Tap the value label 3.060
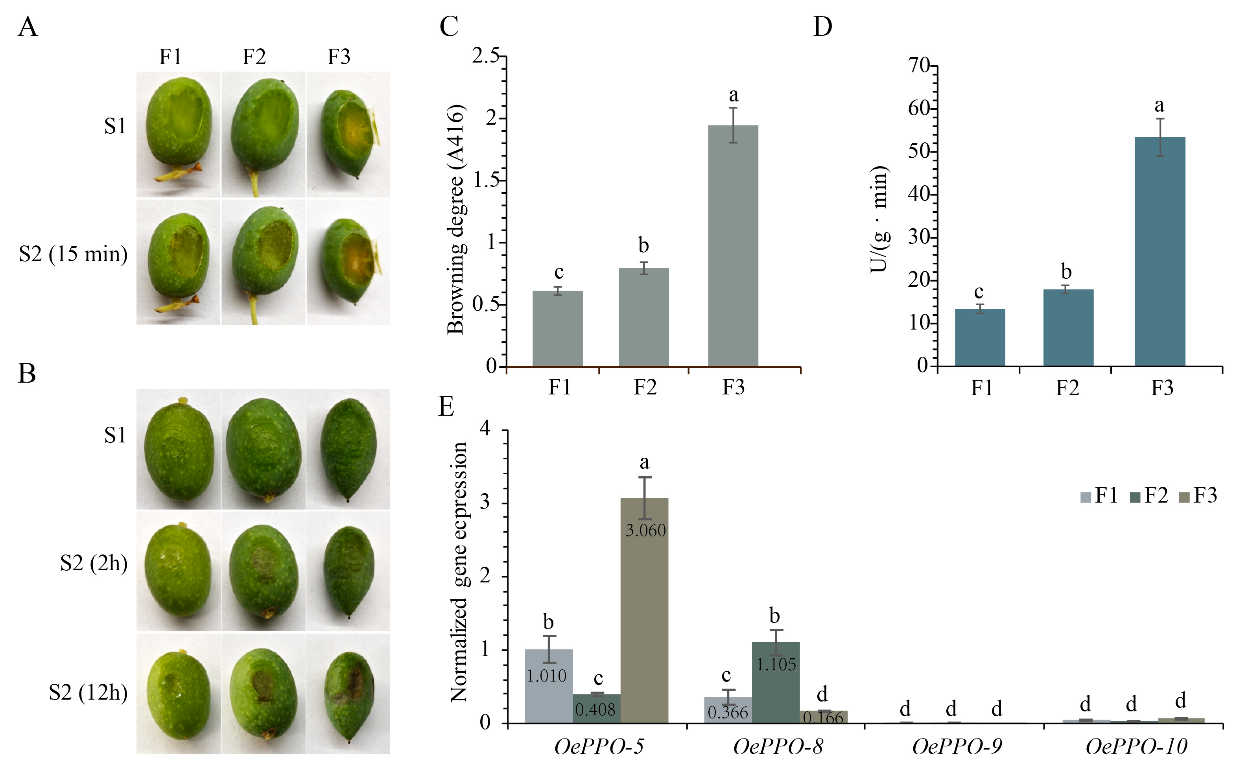(x=645, y=531)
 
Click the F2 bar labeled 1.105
(x=775, y=682)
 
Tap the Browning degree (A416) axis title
(x=456, y=219)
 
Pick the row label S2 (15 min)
(x=73, y=254)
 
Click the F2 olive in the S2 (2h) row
(x=263, y=570)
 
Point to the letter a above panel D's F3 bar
(x=1159, y=105)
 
